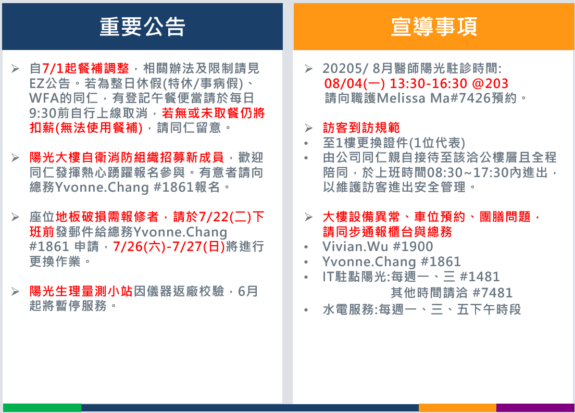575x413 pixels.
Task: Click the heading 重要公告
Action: (x=142, y=27)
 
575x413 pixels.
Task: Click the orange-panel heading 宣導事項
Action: (x=434, y=27)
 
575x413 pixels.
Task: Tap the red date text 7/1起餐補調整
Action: (x=85, y=68)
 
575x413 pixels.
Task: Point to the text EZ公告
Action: (x=50, y=83)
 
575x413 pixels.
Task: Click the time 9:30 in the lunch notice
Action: (x=43, y=113)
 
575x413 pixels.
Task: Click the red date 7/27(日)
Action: (x=198, y=246)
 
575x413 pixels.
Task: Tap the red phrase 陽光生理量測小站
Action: (x=81, y=291)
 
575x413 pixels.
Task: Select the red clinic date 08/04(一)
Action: (x=355, y=83)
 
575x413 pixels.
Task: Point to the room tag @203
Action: (x=490, y=83)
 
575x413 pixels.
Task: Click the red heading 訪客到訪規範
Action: (x=361, y=128)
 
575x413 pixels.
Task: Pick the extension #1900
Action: (x=413, y=246)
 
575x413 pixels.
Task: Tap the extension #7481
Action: (x=493, y=293)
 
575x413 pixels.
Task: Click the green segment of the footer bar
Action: (x=42, y=407)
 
